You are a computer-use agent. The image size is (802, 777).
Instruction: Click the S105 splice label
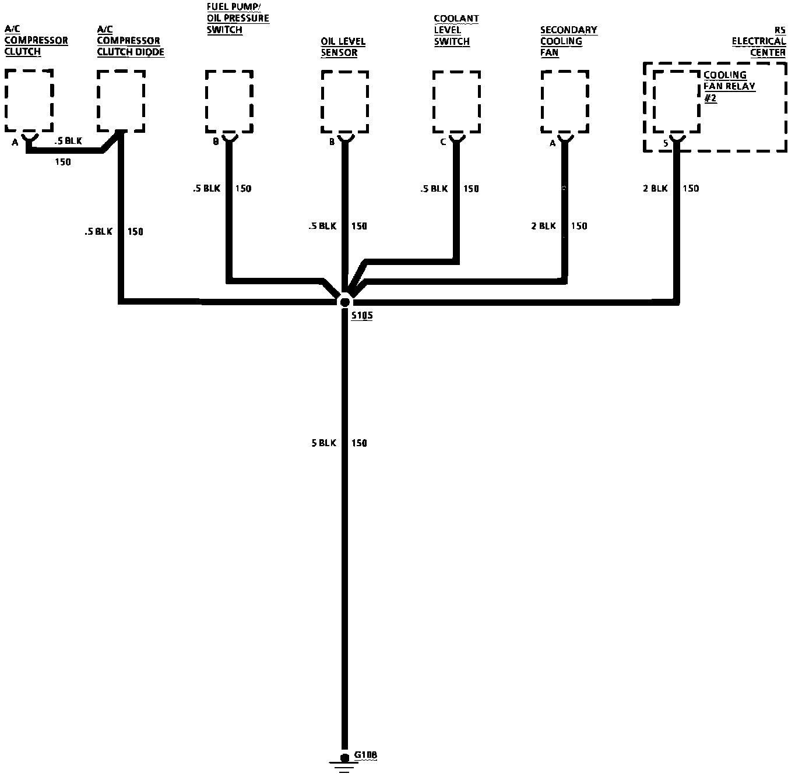[x=361, y=316]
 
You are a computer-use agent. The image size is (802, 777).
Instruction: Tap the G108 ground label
[x=365, y=755]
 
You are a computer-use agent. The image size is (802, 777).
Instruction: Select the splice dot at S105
[x=344, y=302]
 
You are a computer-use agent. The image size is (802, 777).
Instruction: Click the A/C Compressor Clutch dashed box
[x=29, y=100]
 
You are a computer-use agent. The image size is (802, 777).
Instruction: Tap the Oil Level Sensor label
[x=343, y=47]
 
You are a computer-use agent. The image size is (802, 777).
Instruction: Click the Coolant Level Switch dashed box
[x=456, y=102]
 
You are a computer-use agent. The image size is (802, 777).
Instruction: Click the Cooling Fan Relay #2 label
[x=729, y=86]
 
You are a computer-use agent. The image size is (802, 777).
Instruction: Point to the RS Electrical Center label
[x=759, y=41]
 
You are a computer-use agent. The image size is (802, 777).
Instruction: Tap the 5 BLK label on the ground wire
[x=323, y=443]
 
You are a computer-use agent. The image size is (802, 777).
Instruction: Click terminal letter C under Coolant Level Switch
[x=443, y=142]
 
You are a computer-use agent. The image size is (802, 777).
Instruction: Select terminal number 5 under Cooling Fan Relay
[x=665, y=142]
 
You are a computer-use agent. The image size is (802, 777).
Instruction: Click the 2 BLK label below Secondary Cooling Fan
[x=543, y=226]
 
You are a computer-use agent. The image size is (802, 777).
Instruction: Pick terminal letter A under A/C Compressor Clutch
[x=15, y=142]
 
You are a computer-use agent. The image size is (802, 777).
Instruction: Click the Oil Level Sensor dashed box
[x=345, y=102]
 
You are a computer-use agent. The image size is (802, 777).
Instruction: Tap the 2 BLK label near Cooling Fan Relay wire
[x=655, y=188]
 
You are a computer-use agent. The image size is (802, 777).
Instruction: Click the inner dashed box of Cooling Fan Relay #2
[x=676, y=102]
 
